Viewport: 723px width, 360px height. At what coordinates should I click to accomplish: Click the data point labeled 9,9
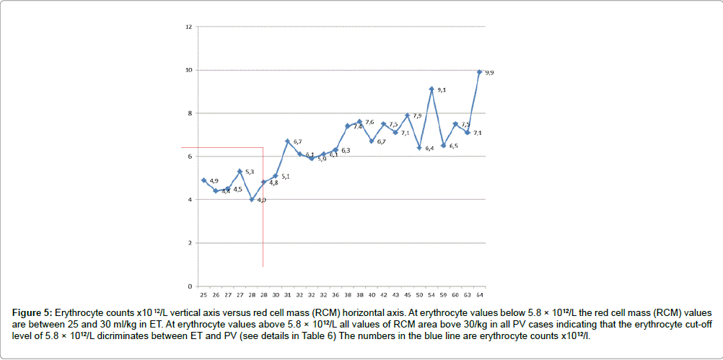click(x=479, y=71)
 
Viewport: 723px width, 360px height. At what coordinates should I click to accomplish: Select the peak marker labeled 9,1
click(x=431, y=89)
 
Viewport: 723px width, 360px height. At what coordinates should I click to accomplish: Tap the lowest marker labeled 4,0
click(x=251, y=200)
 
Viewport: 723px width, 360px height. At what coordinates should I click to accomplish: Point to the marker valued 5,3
click(x=240, y=171)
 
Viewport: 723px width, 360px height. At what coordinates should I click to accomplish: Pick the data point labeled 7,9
click(x=408, y=115)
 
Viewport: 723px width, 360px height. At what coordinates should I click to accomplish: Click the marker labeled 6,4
click(x=419, y=148)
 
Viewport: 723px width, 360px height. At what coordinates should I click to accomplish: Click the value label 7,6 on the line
click(x=369, y=123)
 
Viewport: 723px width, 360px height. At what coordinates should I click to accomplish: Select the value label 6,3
click(x=346, y=151)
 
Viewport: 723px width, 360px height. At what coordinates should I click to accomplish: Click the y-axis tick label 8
click(x=189, y=113)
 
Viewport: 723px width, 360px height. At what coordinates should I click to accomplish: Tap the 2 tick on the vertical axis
click(x=189, y=243)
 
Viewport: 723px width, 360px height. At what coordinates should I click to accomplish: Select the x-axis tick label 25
click(x=203, y=295)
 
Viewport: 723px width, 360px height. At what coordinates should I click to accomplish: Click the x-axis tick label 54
click(x=431, y=295)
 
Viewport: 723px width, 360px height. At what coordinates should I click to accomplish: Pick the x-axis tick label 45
click(x=408, y=295)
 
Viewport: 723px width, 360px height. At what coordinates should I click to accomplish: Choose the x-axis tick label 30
click(x=276, y=295)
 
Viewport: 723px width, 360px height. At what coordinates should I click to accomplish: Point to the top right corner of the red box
click(x=263, y=148)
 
